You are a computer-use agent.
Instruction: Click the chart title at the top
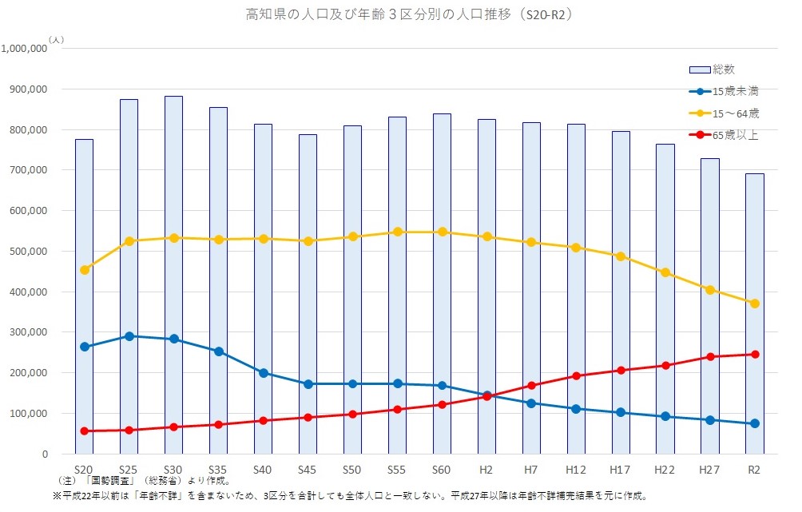[x=400, y=14]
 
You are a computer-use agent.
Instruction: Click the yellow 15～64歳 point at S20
[x=85, y=270]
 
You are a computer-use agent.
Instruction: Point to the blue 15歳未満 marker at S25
[x=129, y=336]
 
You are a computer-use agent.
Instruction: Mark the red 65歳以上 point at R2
[x=754, y=355]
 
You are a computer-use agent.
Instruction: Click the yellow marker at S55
[x=397, y=232]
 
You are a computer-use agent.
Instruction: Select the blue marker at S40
[x=264, y=373]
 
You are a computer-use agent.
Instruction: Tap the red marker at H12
[x=576, y=376]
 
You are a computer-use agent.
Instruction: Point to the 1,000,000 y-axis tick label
[x=26, y=49]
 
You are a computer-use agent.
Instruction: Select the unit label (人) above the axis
[x=56, y=38]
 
